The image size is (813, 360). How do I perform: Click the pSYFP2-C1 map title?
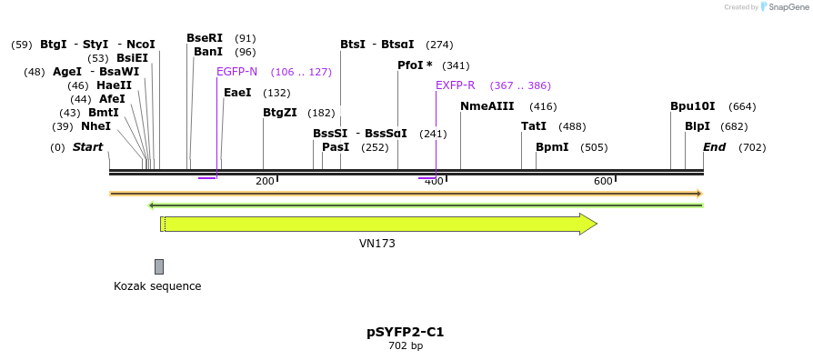406,332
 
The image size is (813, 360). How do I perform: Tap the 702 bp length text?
406,345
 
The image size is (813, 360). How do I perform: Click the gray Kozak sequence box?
159,266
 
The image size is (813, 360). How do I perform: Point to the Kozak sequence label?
157,286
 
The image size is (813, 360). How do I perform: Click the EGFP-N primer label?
236,72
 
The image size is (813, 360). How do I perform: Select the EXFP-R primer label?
455,85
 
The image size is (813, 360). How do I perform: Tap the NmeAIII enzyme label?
487,106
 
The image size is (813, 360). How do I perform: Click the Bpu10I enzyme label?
693,106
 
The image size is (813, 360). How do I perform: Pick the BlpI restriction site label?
698,126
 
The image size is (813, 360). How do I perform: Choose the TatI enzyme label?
534,126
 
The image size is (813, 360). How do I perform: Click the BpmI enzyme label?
552,147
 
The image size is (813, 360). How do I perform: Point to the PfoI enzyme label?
415,65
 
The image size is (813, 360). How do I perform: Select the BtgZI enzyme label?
279,113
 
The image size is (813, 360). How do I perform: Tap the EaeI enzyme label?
237,93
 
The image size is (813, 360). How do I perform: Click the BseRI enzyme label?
205,38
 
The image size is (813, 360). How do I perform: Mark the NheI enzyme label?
95,126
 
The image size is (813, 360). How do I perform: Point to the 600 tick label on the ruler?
603,182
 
